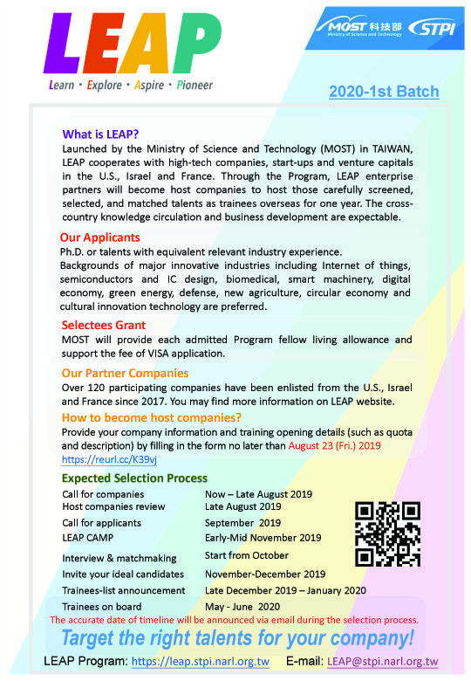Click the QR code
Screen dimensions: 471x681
[x=388, y=533]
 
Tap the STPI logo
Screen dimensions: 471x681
[x=433, y=27]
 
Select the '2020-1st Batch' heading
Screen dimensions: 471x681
[x=384, y=92]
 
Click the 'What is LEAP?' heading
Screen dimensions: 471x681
[x=100, y=134]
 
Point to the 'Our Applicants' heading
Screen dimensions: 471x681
[x=99, y=237]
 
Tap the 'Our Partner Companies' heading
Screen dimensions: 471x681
[x=125, y=373]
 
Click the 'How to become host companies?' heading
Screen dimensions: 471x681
[x=151, y=417]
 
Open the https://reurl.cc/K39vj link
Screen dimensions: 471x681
[x=109, y=458]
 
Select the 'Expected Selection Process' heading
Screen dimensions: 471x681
[x=134, y=478]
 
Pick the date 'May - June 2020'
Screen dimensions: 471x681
[x=243, y=606]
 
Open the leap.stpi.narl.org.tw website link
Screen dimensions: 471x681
[x=200, y=662]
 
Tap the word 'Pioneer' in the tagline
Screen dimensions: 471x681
[x=195, y=86]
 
